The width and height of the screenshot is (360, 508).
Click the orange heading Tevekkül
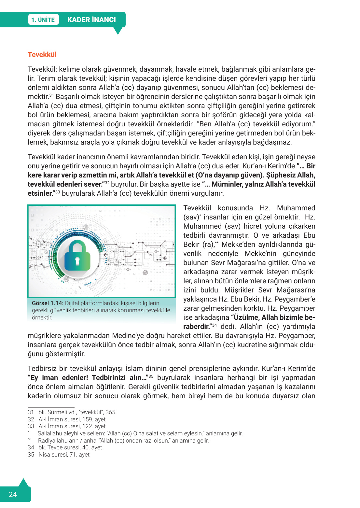tap(42, 55)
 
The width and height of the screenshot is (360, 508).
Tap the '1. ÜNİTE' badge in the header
tap(43, 20)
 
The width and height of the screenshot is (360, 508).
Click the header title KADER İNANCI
tap(91, 20)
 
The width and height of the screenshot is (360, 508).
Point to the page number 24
tap(13, 494)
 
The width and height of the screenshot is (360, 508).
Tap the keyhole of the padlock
tap(77, 261)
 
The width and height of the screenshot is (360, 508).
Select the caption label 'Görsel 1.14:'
tap(48, 303)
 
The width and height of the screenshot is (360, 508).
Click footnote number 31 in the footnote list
tap(31, 412)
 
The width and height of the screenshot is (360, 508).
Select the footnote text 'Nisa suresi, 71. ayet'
tap(64, 455)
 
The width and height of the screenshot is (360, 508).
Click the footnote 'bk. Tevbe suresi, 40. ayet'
tap(70, 447)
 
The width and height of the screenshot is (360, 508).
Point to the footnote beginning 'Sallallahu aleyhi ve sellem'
tap(140, 433)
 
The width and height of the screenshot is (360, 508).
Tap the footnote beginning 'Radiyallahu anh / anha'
tap(123, 441)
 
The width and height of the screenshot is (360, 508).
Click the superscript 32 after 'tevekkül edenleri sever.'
tap(107, 183)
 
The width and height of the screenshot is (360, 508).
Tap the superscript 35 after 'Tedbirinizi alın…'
tap(151, 376)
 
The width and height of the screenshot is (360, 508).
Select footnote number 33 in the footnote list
tap(31, 426)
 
